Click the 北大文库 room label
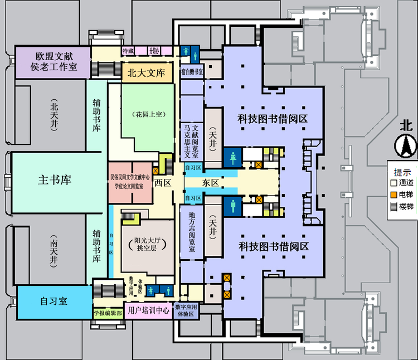(147, 72)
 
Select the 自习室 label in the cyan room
(54, 301)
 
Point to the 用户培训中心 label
(149, 311)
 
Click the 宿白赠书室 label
(191, 72)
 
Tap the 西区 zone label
(163, 182)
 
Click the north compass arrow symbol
(406, 148)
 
